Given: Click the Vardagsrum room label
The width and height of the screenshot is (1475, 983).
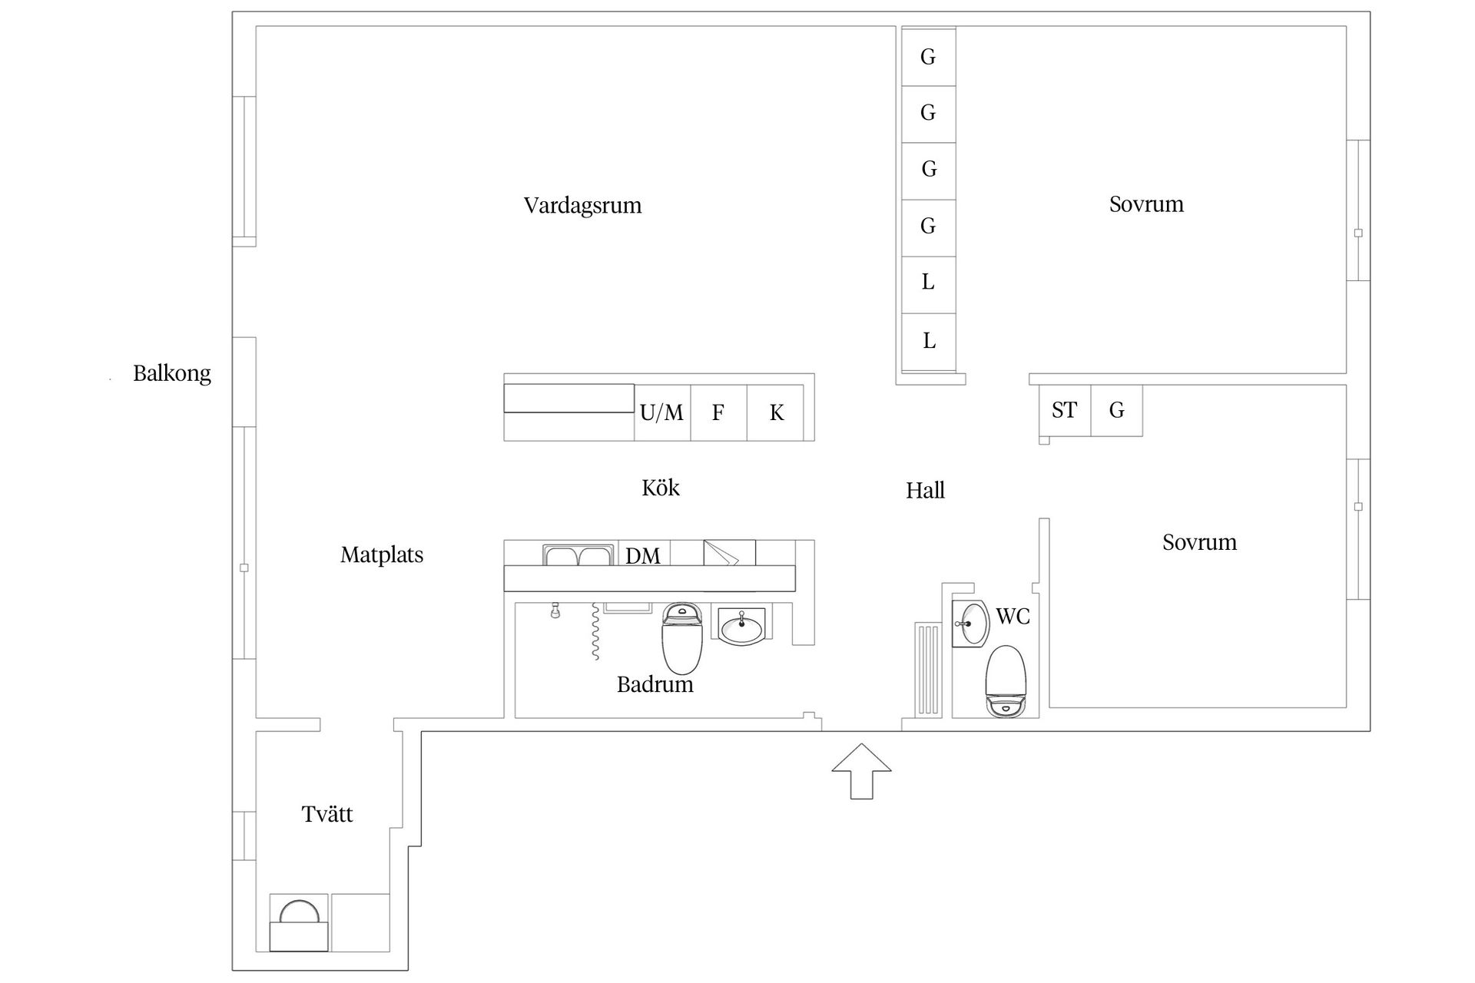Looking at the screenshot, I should pos(582,206).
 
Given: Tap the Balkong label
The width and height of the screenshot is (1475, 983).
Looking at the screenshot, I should pos(171,373).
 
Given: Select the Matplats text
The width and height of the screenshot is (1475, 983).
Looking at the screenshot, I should pos(382,554).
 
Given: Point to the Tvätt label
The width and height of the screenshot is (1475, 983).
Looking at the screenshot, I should pos(327,814).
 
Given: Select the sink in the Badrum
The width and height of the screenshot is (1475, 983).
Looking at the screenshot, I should pos(741,625).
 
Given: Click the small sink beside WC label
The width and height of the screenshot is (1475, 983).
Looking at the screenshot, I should pos(972,623).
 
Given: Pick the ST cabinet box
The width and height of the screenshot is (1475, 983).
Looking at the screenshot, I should pos(1064,411).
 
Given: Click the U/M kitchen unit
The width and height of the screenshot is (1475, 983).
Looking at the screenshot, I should pos(661,413).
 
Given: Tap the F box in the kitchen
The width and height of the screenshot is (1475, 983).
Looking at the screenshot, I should pos(718,413).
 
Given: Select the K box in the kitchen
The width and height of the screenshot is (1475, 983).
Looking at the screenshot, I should pos(777,413).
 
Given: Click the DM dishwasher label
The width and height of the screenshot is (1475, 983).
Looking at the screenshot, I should pos(643,555).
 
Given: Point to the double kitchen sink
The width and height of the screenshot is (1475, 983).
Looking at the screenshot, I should pos(578,555).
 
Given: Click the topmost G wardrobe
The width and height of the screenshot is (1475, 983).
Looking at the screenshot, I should pos(928,57).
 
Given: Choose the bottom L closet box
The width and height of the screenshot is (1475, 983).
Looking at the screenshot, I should pos(928,341).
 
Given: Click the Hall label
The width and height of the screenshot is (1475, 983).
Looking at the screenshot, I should pos(925,491).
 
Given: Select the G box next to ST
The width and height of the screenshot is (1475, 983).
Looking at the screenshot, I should pos(1116,411).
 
